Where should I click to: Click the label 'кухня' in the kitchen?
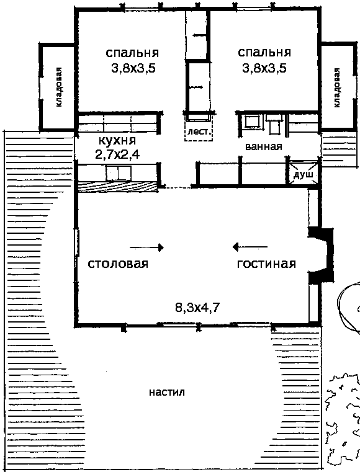click(x=117, y=141)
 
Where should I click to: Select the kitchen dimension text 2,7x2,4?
click(x=117, y=154)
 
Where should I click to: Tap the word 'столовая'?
click(x=118, y=264)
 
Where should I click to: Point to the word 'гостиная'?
click(x=266, y=264)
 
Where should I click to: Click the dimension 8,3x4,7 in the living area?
click(x=197, y=308)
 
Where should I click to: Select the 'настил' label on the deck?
click(x=167, y=392)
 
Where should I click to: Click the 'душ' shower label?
click(x=304, y=175)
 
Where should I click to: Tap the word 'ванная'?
click(x=264, y=146)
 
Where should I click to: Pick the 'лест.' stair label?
click(x=198, y=132)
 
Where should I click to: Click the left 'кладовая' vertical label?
click(x=59, y=87)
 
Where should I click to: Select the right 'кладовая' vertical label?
click(x=336, y=87)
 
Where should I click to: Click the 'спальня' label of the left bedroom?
click(x=132, y=53)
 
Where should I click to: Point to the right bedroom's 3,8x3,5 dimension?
click(x=264, y=68)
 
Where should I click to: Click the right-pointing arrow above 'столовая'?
click(x=146, y=247)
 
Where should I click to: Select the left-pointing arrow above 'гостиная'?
click(x=250, y=247)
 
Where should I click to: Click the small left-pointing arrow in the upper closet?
click(x=200, y=35)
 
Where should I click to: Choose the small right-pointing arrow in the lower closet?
click(x=196, y=87)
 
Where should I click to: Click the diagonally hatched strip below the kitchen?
click(x=118, y=186)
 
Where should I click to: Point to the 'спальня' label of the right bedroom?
click(x=264, y=52)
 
